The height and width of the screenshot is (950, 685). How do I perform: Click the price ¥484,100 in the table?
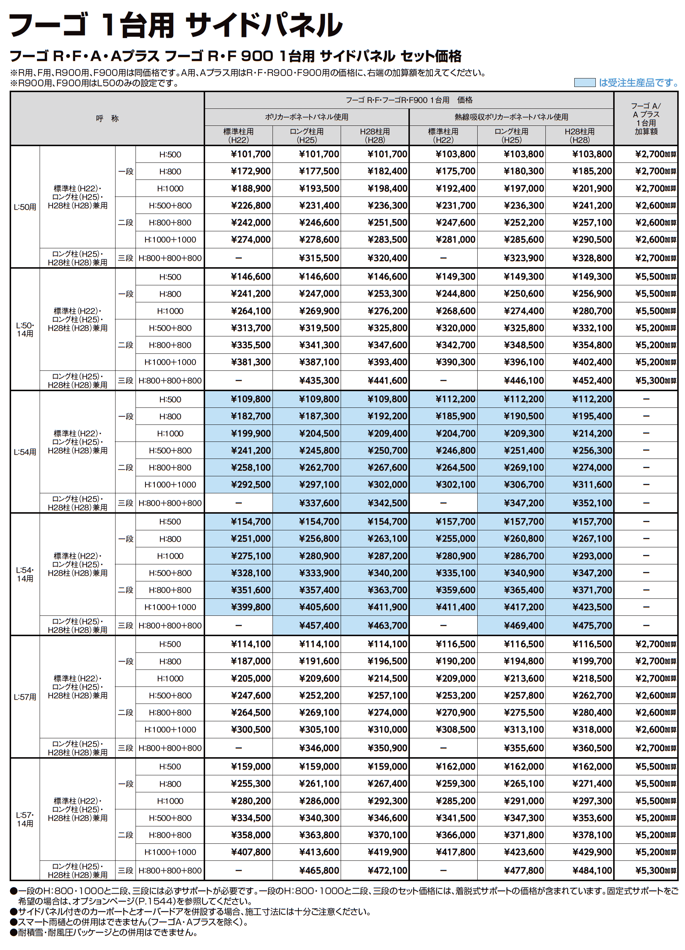click(592, 870)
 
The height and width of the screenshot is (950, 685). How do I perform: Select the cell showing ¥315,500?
click(319, 258)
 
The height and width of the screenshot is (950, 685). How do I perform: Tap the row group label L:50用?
click(25, 207)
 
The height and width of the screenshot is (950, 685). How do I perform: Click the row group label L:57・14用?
click(25, 819)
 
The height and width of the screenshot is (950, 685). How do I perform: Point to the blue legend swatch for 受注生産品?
click(584, 83)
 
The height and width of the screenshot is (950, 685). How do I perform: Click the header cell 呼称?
click(107, 118)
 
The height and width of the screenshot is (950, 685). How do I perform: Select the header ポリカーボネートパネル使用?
click(306, 117)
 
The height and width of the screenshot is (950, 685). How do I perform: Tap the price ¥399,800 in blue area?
click(251, 607)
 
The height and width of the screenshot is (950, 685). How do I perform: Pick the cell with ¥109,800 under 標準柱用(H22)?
click(251, 399)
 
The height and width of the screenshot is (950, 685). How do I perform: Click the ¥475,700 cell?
click(592, 625)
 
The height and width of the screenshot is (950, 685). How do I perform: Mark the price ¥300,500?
click(251, 729)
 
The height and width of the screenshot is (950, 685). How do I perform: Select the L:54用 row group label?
click(25, 451)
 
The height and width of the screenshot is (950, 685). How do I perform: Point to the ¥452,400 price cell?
click(592, 380)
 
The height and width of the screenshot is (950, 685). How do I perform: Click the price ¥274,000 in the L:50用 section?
click(251, 239)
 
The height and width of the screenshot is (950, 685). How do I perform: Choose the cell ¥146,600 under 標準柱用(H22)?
click(251, 276)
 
